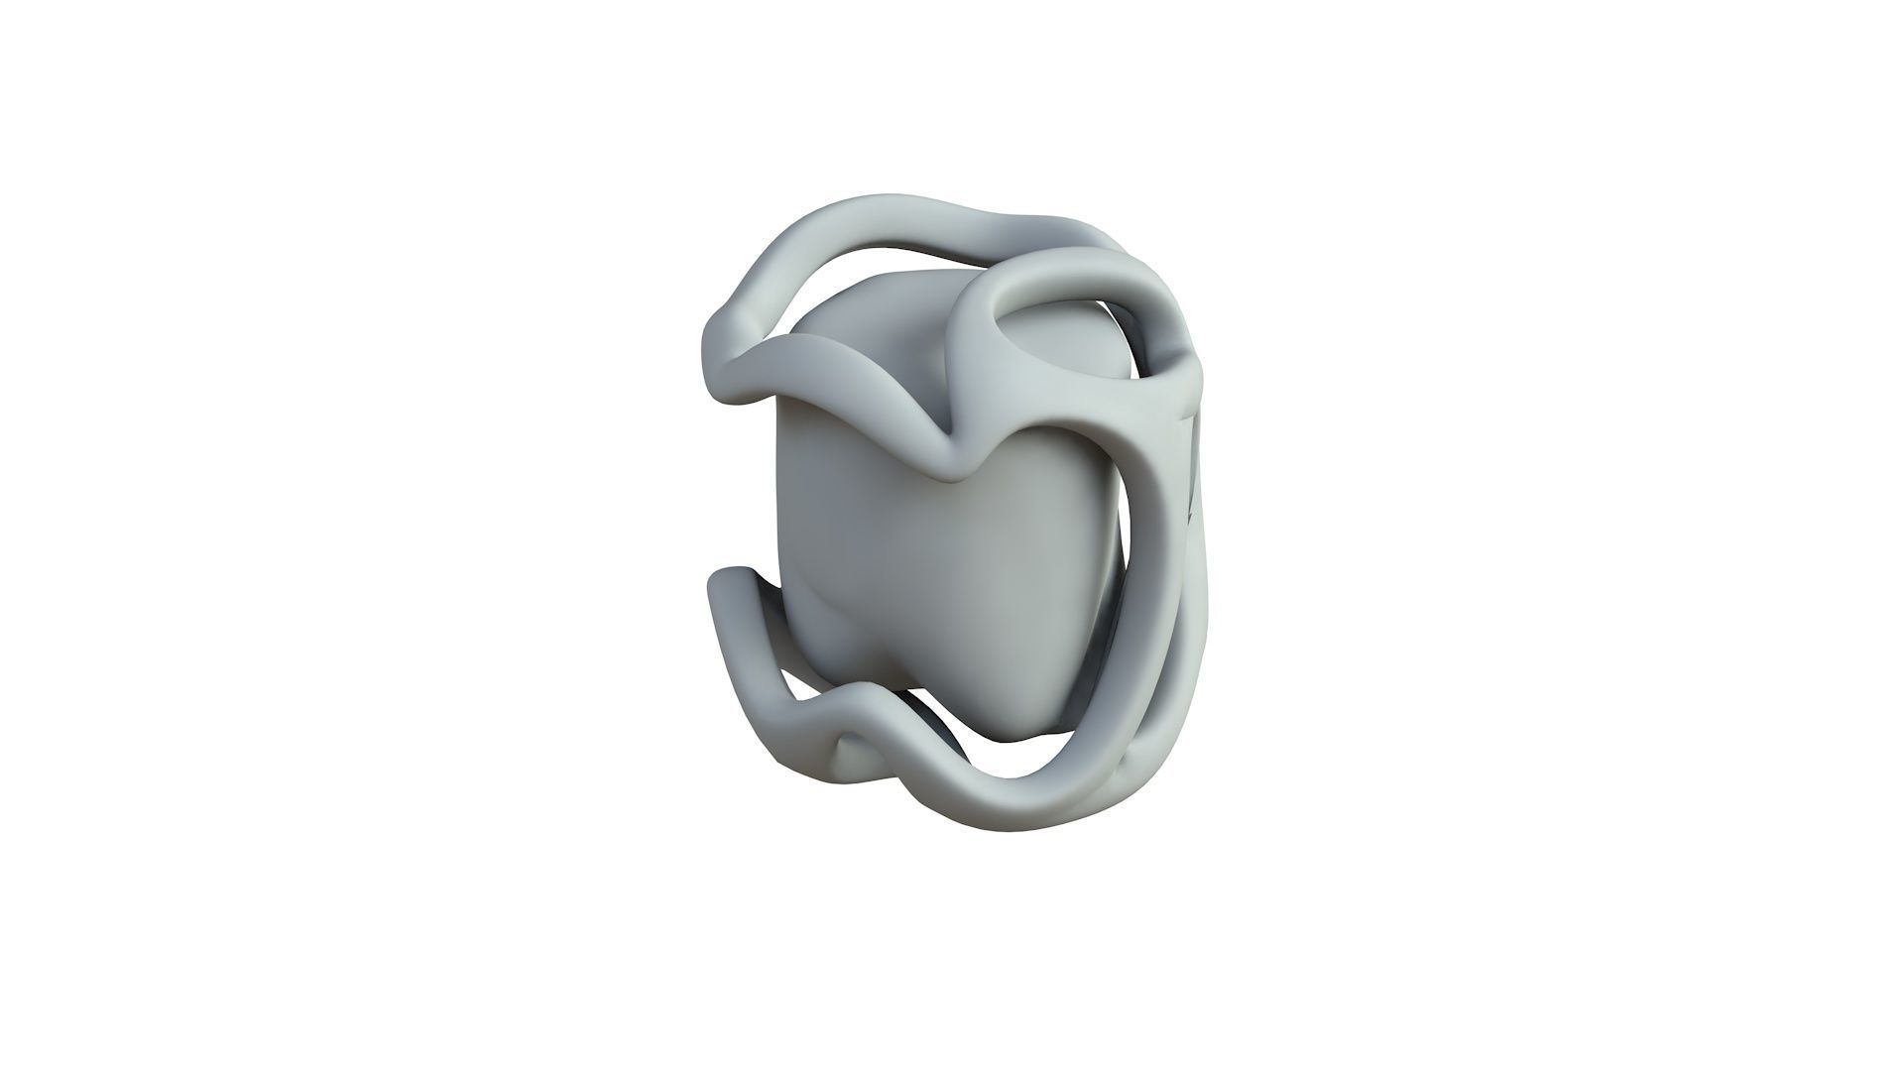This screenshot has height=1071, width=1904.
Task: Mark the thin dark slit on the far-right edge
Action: (x=1193, y=466)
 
